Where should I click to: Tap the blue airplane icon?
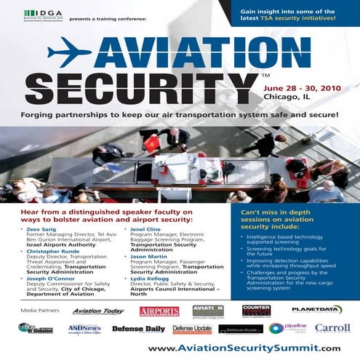(x=69, y=52)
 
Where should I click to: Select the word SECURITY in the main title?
(x=142, y=87)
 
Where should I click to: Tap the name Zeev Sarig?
(x=44, y=228)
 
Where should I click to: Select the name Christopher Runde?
(x=55, y=252)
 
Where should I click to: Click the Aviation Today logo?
(x=98, y=311)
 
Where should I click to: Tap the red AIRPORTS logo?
(x=159, y=311)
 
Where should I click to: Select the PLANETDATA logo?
(x=318, y=310)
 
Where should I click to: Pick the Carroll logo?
(x=332, y=329)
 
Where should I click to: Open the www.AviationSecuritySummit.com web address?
(x=244, y=348)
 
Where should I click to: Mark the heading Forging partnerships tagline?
(x=180, y=116)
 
